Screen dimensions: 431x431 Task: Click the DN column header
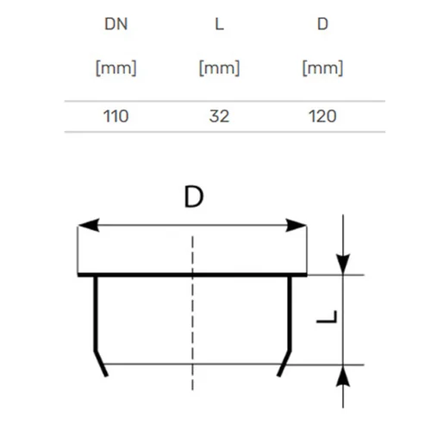[116, 24]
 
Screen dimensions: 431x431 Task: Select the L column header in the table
[219, 24]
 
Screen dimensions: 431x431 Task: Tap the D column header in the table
[322, 24]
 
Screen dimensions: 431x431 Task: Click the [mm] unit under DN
[116, 68]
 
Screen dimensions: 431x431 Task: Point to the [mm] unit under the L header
[219, 68]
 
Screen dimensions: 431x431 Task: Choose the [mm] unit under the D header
[322, 68]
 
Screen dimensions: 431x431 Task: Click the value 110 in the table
[116, 116]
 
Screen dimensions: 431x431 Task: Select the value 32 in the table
[219, 116]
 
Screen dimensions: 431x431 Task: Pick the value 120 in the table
[322, 116]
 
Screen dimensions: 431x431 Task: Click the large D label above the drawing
[194, 197]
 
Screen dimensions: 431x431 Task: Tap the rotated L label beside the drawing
[327, 316]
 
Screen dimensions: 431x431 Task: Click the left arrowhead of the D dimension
[89, 225]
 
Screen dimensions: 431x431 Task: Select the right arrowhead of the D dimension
[296, 225]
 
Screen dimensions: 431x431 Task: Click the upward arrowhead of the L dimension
[343, 376]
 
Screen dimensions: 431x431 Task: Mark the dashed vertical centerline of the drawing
[192, 313]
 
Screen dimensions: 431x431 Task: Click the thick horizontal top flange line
[192, 275]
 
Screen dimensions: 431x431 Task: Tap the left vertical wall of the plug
[96, 314]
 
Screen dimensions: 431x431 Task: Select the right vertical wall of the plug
[290, 314]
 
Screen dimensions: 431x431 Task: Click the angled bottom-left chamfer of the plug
[101, 364]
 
